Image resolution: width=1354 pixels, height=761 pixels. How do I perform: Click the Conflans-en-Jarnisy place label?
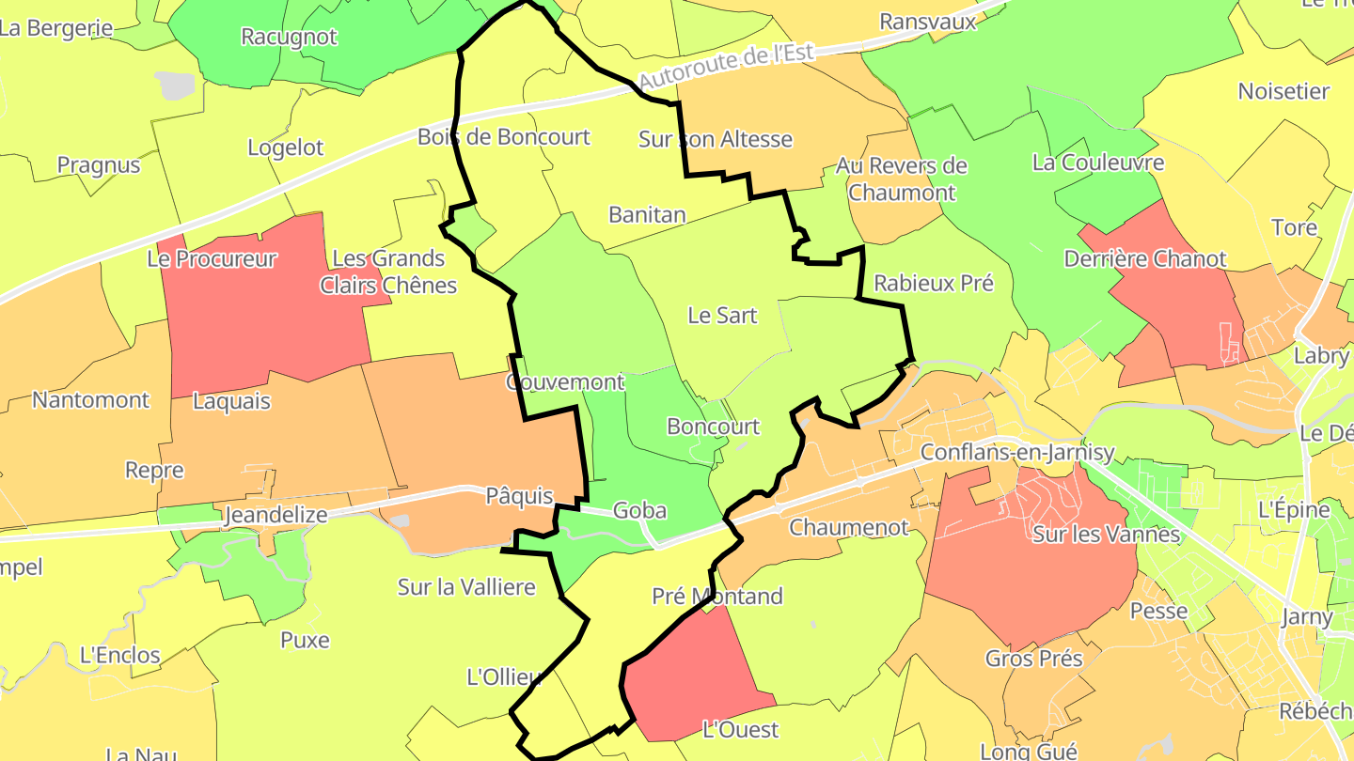[1016, 452]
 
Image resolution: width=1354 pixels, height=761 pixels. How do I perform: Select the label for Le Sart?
[722, 315]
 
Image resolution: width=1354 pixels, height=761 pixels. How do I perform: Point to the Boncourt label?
[713, 427]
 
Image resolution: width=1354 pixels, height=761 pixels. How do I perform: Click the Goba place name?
[639, 511]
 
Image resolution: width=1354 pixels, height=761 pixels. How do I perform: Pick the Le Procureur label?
[212, 258]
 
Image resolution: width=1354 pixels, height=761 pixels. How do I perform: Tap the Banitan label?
[647, 214]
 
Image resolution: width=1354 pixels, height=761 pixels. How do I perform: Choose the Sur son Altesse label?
[716, 139]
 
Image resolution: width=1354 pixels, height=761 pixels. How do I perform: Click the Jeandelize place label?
[276, 515]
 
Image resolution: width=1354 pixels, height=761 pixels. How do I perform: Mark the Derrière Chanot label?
[1144, 258]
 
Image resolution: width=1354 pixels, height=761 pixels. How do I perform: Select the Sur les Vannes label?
[1106, 535]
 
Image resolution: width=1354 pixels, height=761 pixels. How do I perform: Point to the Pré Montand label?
[717, 596]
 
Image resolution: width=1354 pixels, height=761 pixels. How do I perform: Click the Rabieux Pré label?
[934, 283]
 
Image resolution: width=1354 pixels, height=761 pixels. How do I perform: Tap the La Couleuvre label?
[1098, 163]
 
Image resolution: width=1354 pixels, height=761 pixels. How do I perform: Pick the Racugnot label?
[289, 37]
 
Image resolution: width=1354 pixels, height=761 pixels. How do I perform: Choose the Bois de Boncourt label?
[504, 137]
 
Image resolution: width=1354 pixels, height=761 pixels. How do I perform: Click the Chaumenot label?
[849, 527]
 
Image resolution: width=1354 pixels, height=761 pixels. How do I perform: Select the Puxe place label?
[305, 640]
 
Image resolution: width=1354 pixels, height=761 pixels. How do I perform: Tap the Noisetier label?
[1283, 91]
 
